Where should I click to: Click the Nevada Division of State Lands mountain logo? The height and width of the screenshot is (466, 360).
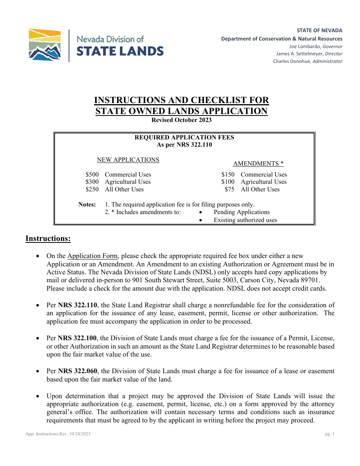point(45,45)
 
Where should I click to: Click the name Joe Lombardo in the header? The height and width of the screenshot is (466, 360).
point(306,47)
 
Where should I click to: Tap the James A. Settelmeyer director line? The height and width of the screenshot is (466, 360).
point(309,54)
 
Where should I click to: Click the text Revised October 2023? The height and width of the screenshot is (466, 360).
point(182,120)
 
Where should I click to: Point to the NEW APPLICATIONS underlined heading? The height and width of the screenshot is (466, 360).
point(128,160)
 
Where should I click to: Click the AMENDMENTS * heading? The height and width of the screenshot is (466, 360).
point(258,164)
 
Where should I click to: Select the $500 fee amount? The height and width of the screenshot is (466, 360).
point(92,175)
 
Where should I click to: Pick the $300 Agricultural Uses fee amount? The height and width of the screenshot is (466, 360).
point(92,182)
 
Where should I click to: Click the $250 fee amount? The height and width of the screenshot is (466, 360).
point(92,189)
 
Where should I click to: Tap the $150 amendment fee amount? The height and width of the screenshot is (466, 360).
point(228,175)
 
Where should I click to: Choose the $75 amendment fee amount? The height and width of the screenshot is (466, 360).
point(230,189)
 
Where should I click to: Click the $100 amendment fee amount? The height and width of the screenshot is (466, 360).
point(228,182)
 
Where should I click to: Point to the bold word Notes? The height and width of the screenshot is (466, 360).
point(87,205)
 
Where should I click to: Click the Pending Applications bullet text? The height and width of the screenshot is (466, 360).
point(241,212)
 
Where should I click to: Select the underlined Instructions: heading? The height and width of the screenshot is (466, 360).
point(48,238)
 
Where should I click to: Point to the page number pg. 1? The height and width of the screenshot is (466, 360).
point(330,434)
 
